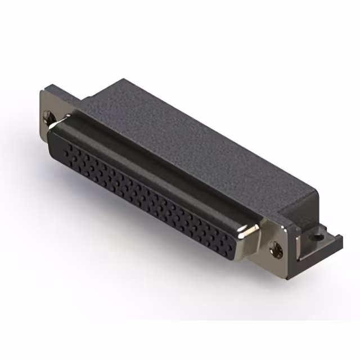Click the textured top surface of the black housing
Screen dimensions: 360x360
[x=186, y=135]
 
